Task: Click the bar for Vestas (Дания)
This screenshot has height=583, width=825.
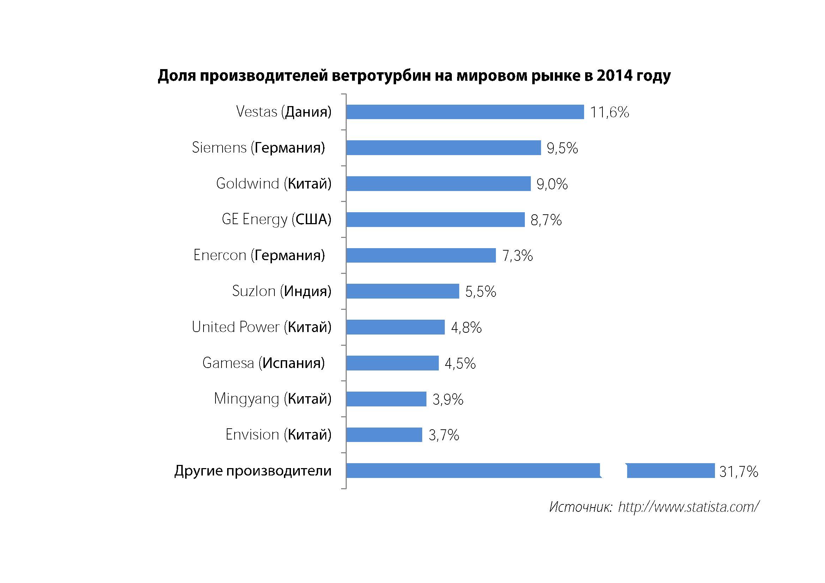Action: point(465,112)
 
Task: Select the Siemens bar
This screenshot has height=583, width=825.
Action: point(443,148)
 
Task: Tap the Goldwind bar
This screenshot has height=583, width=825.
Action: point(438,184)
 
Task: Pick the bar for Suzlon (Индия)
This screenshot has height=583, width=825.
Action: point(402,291)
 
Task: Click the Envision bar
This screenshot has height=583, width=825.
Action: point(384,435)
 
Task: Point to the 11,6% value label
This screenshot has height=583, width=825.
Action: point(609,112)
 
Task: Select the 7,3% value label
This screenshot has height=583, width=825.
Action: point(517,256)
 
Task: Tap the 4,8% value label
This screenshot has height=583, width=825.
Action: point(466,327)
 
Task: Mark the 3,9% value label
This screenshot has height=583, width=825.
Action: point(448,399)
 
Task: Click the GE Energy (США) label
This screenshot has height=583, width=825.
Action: point(276,219)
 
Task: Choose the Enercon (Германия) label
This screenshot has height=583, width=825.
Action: point(259,255)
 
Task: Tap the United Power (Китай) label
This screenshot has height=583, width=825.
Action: point(261,327)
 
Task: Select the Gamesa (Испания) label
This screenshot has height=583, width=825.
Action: point(263,363)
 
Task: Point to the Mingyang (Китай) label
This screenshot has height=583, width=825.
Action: point(272,399)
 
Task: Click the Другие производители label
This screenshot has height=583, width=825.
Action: point(253,471)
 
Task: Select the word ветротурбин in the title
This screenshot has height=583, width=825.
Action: point(381,75)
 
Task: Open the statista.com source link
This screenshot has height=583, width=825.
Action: point(688,507)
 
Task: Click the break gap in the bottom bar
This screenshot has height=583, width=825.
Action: point(614,471)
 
